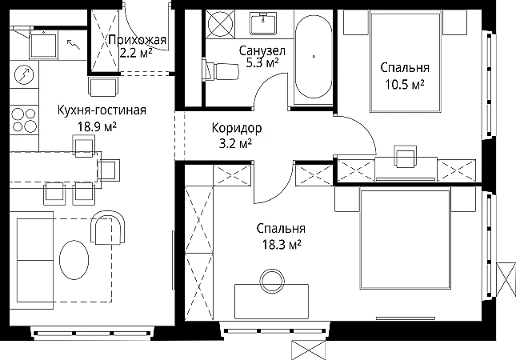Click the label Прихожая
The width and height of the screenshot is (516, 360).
pyautogui.click(x=138, y=40)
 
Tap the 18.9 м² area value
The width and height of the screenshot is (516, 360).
pyautogui.click(x=97, y=126)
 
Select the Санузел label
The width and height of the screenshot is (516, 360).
pyautogui.click(x=262, y=50)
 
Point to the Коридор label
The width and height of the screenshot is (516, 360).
pyautogui.click(x=237, y=128)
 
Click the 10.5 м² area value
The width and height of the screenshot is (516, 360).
pyautogui.click(x=405, y=84)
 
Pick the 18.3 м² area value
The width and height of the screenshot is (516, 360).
pyautogui.click(x=282, y=245)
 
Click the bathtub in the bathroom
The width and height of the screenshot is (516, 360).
pyautogui.click(x=314, y=56)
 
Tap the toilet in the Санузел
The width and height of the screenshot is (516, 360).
pyautogui.click(x=220, y=70)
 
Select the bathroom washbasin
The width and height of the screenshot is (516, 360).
pyautogui.click(x=262, y=23)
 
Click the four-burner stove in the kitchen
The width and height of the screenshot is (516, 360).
pyautogui.click(x=24, y=120)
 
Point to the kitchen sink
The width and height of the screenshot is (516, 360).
pyautogui.click(x=44, y=45)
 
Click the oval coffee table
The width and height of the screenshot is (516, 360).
pyautogui.click(x=74, y=260)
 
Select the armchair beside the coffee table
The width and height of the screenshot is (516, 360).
pyautogui.click(x=108, y=228)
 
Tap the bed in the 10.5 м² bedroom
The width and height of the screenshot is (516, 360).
pyautogui.click(x=405, y=62)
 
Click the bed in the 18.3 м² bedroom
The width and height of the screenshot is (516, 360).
pyautogui.click(x=405, y=239)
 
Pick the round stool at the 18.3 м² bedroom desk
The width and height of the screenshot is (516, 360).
pyautogui.click(x=272, y=282)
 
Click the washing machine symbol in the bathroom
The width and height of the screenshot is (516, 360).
pyautogui.click(x=220, y=24)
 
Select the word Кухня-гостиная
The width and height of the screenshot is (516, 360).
pyautogui.click(x=102, y=110)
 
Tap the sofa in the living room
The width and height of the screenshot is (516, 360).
pyautogui.click(x=31, y=260)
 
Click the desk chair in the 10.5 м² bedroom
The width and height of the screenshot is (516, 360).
pyautogui.click(x=406, y=155)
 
